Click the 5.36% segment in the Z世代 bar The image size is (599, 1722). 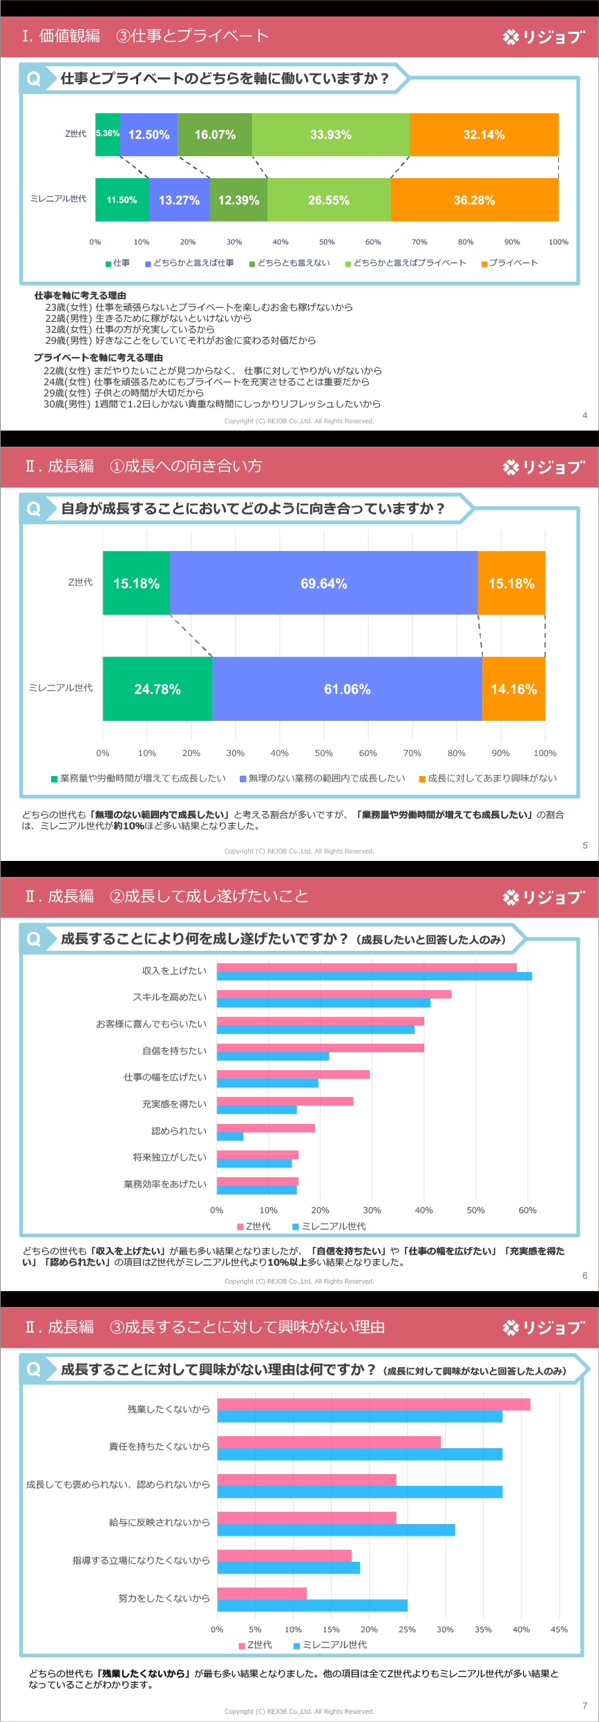coord(107,134)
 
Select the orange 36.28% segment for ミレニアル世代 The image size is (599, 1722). coord(474,200)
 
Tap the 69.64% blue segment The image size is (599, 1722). coord(323,583)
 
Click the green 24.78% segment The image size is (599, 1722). coord(158,689)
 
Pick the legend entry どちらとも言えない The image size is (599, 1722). coord(289,263)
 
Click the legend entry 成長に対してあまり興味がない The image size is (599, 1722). coord(488,778)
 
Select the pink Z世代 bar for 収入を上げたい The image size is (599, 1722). coord(366,967)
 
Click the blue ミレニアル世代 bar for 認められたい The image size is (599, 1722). coord(230,1136)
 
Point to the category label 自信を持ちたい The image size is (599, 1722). coord(174,1051)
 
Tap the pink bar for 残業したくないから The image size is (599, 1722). coord(373,1404)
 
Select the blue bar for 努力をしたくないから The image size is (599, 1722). coord(312,1605)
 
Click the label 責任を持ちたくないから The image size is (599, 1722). coord(159,1447)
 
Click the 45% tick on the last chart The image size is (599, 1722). coord(559,1629)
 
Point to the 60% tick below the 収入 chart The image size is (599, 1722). coord(527,1210)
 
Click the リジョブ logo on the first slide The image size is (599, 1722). coord(544,37)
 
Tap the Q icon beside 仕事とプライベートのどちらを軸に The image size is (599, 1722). coord(33,79)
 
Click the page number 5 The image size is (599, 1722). coord(584,845)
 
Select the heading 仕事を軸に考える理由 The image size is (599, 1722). coord(80,296)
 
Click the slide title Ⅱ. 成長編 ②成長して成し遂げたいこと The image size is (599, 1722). coord(166,896)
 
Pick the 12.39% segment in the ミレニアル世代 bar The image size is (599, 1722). coord(238,200)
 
